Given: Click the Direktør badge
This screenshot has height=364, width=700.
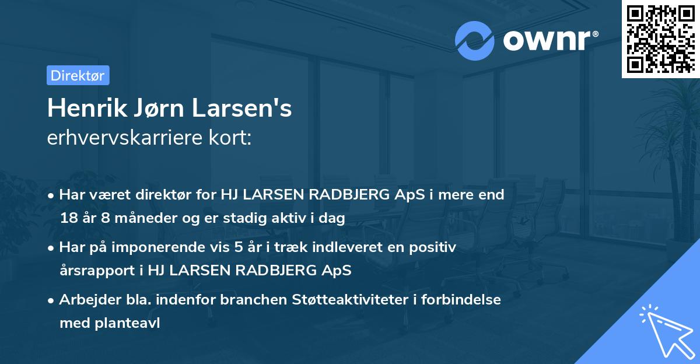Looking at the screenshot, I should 78,75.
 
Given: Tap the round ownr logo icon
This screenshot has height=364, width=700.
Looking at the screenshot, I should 475,41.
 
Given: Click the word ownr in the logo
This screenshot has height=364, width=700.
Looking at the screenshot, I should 549,41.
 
